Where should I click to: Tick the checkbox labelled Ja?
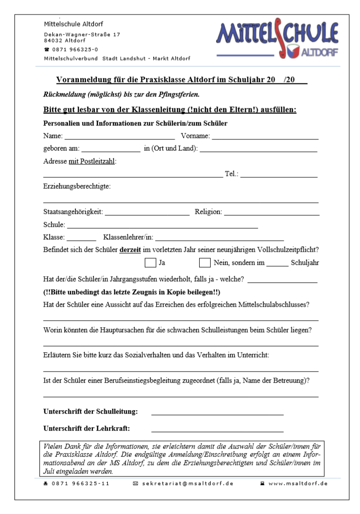pos(150,262)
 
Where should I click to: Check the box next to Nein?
pos(205,262)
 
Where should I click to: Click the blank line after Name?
pos(120,136)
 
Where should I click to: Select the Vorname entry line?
pos(265,136)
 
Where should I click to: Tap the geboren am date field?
pos(111,148)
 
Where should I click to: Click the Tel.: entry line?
pos(279,174)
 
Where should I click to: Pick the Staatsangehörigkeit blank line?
pos(147,212)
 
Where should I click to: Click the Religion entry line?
pos(272,212)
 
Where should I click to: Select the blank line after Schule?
pos(163,225)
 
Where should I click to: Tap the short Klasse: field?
pos(81,237)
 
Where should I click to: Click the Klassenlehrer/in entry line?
pos(220,237)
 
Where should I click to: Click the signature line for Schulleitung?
pos(217,412)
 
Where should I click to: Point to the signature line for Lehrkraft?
pos(217,429)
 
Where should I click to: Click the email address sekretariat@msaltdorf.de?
pos(188,484)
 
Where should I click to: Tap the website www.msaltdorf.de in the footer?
pos(298,484)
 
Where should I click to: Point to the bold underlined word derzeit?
pos(131,249)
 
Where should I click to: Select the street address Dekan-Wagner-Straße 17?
pos(82,34)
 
